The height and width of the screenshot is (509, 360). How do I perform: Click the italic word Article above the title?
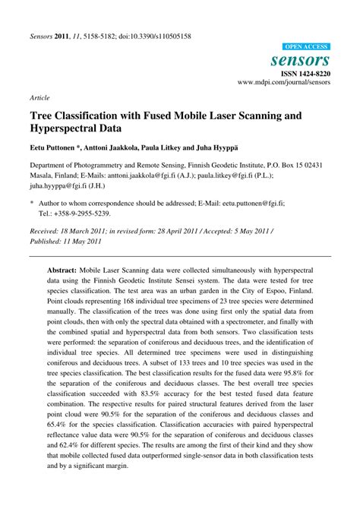(40, 98)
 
